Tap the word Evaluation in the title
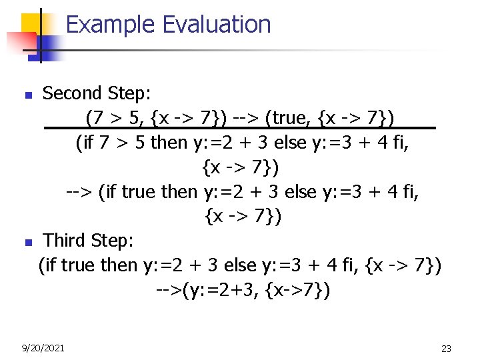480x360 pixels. click(x=217, y=25)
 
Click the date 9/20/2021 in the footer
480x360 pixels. click(x=43, y=348)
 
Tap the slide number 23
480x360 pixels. click(x=446, y=349)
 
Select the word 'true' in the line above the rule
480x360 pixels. click(x=293, y=119)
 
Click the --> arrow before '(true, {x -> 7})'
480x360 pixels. click(x=245, y=119)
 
